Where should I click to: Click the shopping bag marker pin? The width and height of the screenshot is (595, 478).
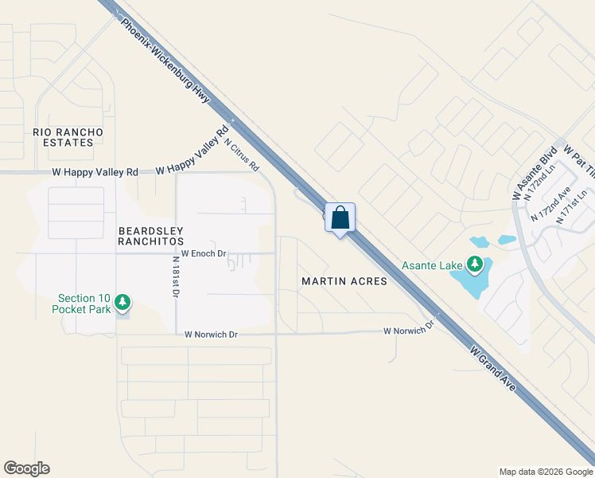pyautogui.click(x=340, y=217)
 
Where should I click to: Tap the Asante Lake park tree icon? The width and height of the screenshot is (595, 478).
pyautogui.click(x=475, y=263)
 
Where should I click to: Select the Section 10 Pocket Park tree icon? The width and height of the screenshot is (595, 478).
pyautogui.click(x=122, y=301)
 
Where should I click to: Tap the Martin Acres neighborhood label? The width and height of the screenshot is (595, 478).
pyautogui.click(x=344, y=281)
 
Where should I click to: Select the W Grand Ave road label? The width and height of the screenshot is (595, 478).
pyautogui.click(x=492, y=367)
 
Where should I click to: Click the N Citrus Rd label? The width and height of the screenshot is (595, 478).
pyautogui.click(x=242, y=155)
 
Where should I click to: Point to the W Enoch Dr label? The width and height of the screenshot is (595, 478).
pyautogui.click(x=204, y=253)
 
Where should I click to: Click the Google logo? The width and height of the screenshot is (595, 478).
pyautogui.click(x=26, y=468)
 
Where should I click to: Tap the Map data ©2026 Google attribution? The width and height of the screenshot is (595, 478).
pyautogui.click(x=545, y=472)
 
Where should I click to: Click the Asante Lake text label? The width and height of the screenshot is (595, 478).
pyautogui.click(x=434, y=265)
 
